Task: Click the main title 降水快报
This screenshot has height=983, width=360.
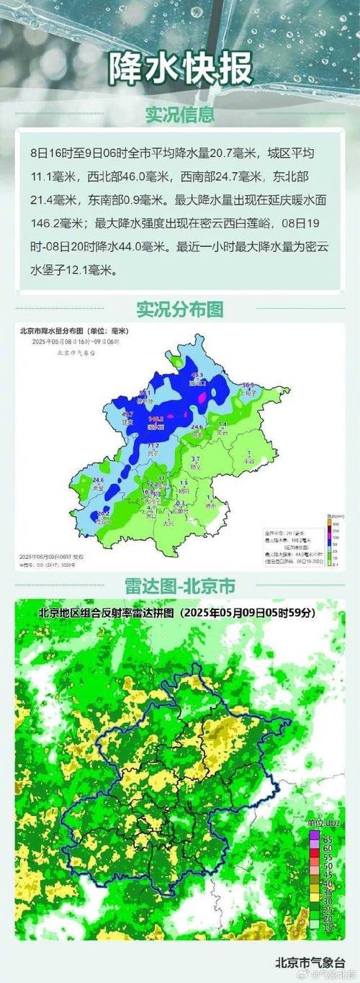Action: click(180, 70)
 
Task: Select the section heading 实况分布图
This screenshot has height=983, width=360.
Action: click(180, 309)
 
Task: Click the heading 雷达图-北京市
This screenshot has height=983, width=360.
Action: click(180, 584)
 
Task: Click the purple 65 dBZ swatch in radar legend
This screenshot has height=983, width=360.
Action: click(314, 839)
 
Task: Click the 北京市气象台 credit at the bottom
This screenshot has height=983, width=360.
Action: click(310, 961)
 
